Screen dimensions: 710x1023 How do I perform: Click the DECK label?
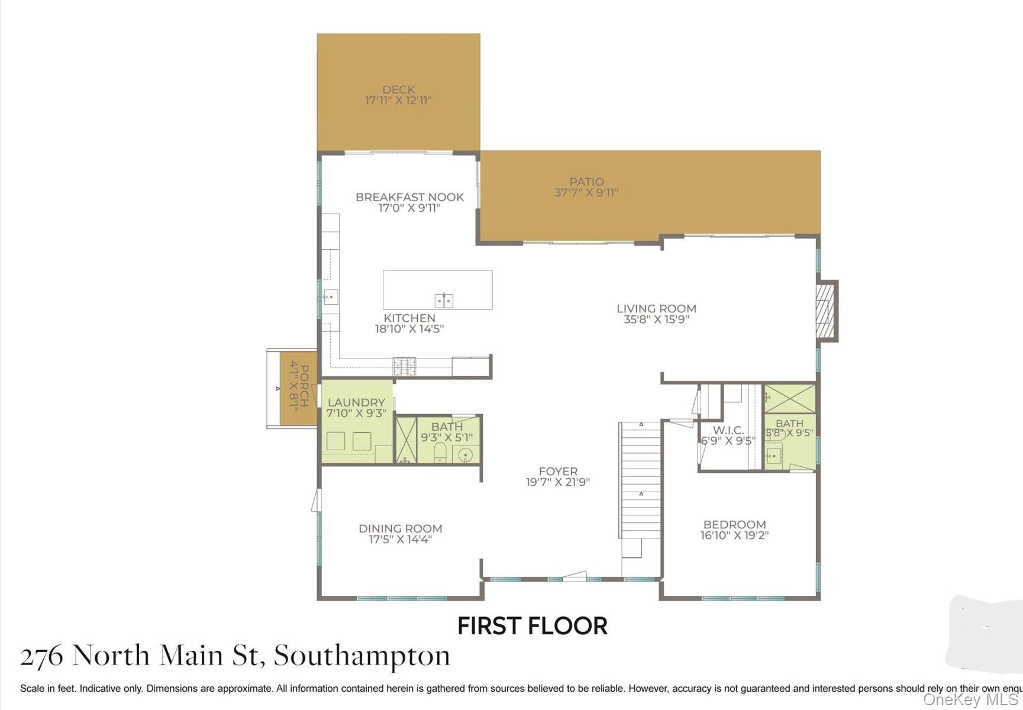[398, 90]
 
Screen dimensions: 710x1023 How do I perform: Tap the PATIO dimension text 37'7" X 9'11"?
[586, 192]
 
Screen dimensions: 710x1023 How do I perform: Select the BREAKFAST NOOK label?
[409, 197]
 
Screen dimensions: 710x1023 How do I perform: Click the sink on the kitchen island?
[444, 301]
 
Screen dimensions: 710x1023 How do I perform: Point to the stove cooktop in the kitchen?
[405, 366]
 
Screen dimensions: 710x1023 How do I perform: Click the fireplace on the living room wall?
[825, 310]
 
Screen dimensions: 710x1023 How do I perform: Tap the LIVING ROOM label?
[656, 308]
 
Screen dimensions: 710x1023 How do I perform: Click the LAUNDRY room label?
[356, 402]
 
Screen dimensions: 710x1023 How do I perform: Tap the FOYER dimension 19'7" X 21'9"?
[557, 482]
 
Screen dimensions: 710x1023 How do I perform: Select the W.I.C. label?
[728, 430]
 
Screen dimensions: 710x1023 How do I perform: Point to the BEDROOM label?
[734, 524]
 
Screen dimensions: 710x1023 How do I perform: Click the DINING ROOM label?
[401, 528]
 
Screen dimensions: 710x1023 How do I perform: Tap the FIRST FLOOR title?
[533, 626]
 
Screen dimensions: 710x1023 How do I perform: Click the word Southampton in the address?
[362, 656]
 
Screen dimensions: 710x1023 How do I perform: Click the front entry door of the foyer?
[574, 576]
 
